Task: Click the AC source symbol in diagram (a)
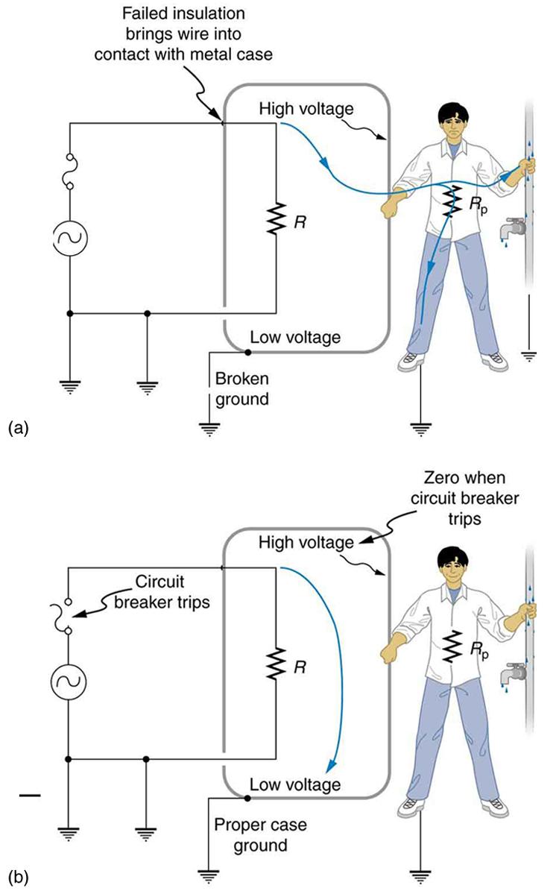[x=69, y=239]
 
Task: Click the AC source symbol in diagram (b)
[x=69, y=681]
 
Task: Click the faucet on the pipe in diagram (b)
[x=514, y=671]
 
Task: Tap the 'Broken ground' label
[x=241, y=388]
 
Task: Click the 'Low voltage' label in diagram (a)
[x=295, y=337]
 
